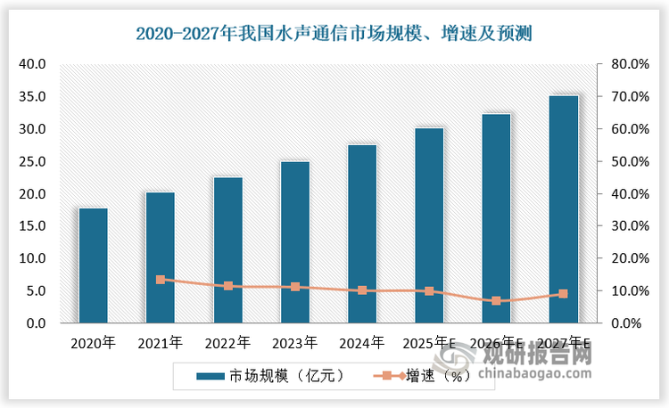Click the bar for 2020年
93,265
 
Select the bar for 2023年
294,242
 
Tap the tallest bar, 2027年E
563,209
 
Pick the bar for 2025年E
429,225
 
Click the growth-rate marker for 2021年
161,280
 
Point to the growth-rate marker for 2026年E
496,301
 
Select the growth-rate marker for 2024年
362,290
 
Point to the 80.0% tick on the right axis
623,64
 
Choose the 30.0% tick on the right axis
623,226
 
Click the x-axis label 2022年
227,342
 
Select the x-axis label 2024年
362,342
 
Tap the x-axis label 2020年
93,342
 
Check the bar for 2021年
161,257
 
